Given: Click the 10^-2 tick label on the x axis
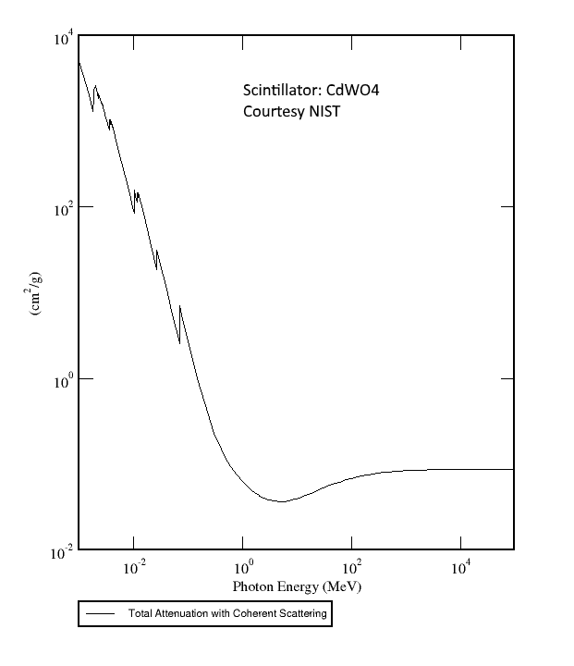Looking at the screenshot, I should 134,569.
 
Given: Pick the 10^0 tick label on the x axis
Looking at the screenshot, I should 244,569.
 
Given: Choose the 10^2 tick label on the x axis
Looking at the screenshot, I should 351,569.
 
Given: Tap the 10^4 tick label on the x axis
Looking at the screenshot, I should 460,569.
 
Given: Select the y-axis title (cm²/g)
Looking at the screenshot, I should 36,295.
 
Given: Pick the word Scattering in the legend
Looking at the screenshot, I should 302,613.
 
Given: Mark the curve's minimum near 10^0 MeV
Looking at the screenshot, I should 282,501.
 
